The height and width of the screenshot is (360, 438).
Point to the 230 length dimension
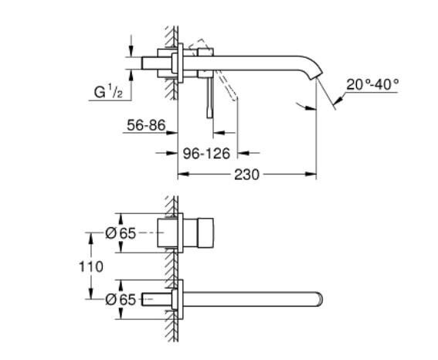tap(246, 175)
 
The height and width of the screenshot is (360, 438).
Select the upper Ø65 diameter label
tap(121, 232)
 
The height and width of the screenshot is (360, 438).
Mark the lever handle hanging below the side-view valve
tap(208, 97)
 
